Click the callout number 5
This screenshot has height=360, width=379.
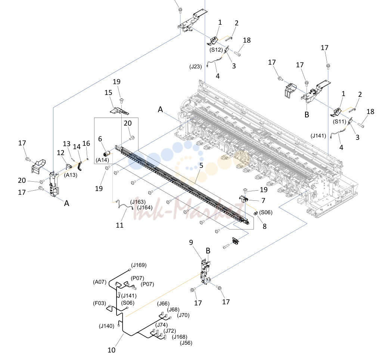(x=201, y=166)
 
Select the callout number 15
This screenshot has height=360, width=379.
(x=108, y=92)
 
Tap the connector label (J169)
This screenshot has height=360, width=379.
(x=139, y=265)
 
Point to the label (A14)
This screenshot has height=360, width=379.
(x=102, y=160)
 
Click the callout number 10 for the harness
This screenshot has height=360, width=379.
(x=111, y=350)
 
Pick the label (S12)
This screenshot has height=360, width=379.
(x=216, y=50)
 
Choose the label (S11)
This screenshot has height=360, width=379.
(x=339, y=121)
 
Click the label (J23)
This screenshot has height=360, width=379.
(x=195, y=67)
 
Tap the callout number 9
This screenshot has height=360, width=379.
(x=191, y=242)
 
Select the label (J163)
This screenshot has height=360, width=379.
(x=138, y=202)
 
